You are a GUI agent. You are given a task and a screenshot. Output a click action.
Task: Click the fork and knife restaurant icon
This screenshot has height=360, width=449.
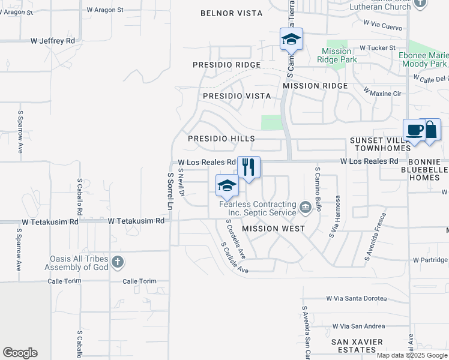(x=249, y=166)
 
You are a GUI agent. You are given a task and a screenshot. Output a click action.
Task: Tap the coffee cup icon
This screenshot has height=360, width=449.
(x=414, y=130)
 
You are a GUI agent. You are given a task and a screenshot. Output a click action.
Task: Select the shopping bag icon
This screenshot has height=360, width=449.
(x=431, y=130)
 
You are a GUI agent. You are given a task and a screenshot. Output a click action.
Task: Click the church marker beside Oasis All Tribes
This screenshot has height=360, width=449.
(x=117, y=262)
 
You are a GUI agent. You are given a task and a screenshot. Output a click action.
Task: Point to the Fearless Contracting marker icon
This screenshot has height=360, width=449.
(x=306, y=208)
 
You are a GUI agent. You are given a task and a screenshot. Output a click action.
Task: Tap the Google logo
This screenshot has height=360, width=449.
(x=20, y=353)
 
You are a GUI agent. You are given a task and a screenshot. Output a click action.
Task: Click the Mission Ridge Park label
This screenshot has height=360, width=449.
(x=340, y=55)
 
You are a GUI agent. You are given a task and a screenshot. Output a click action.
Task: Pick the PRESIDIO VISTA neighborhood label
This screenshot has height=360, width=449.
(x=237, y=96)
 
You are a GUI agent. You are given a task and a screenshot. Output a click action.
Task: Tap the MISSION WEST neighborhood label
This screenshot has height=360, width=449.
(x=273, y=229)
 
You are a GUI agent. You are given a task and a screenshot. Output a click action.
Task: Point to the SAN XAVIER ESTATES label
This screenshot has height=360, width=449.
(x=358, y=346)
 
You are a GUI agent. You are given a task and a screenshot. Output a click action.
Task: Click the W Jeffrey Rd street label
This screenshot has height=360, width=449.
(x=53, y=41)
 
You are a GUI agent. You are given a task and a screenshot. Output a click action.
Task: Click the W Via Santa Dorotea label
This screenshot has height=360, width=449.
(x=364, y=298)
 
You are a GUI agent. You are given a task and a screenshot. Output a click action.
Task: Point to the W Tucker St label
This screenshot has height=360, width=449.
(x=378, y=48)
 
